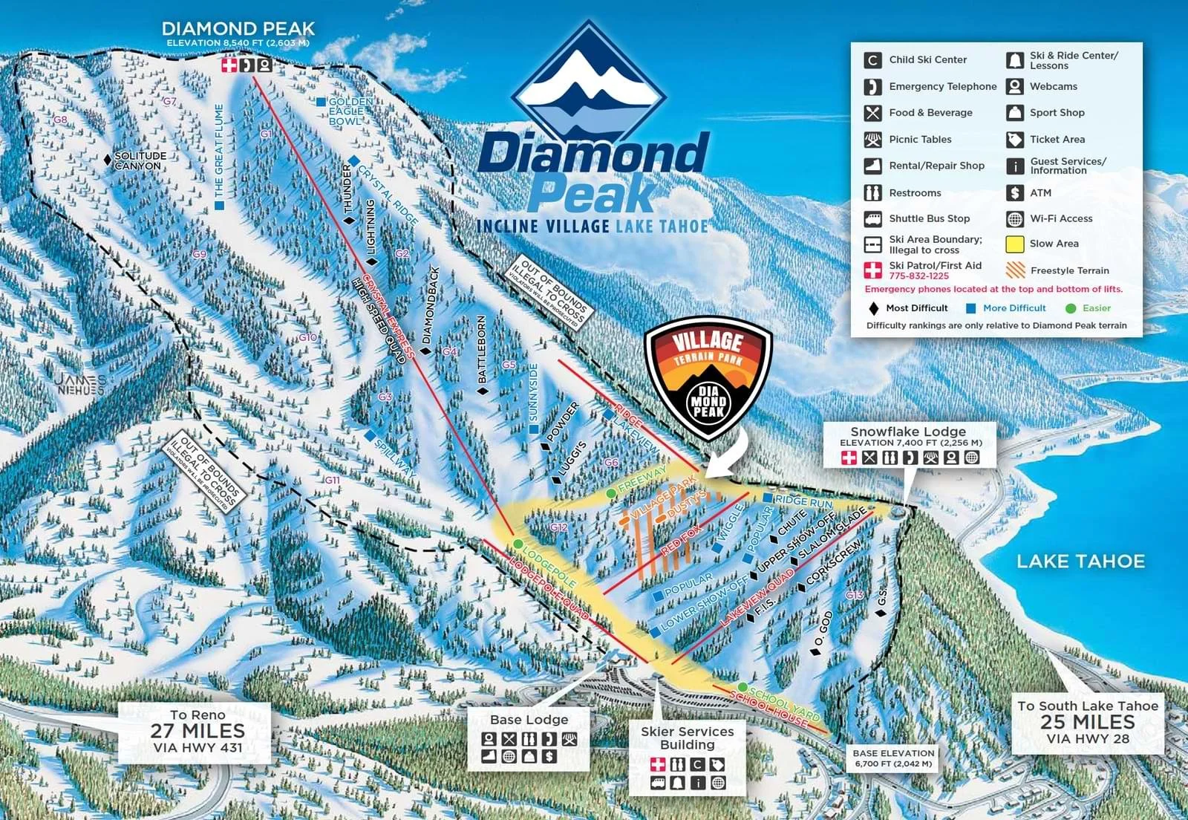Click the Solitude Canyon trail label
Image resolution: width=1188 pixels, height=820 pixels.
coord(140,160)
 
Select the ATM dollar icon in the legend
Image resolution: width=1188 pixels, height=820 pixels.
coord(1015,193)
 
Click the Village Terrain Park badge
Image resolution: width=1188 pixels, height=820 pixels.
coord(708,379)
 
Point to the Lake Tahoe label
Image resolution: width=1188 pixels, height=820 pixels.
coord(1080,562)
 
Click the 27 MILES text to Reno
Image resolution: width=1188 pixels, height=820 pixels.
coord(198,731)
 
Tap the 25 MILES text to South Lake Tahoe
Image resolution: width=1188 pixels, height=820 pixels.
coord(1088,722)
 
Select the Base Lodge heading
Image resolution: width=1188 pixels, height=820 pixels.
coord(529,720)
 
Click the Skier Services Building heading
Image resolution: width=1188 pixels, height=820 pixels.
coord(688,738)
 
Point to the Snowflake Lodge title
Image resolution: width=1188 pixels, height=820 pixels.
coord(908,432)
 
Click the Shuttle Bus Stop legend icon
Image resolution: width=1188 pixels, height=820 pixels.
coord(872,219)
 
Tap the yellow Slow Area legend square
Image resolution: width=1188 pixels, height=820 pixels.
coord(1015,244)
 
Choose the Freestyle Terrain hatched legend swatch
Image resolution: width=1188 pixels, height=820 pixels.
coord(1015,270)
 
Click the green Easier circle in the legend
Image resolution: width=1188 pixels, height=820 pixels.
coord(1070,308)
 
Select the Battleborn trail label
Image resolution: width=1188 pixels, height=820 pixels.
coord(482,349)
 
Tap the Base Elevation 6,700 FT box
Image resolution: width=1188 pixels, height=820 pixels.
coord(893,758)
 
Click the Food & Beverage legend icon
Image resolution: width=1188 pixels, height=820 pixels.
coord(872,113)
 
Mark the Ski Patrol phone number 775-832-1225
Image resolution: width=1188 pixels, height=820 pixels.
coord(918,276)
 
